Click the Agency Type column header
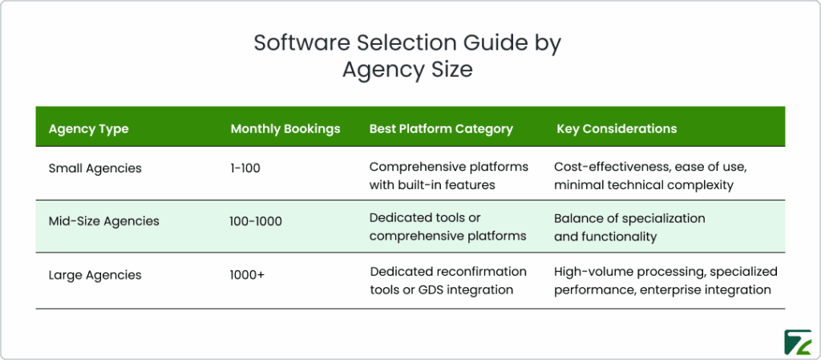coord(88,128)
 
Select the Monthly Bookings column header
coord(285,128)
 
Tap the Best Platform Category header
coord(441,128)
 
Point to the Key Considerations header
coord(617,128)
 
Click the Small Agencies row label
coord(95,168)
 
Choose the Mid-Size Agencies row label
coord(103,220)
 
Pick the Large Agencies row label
coord(95,275)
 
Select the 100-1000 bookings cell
coord(256,220)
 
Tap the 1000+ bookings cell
coord(248,275)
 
